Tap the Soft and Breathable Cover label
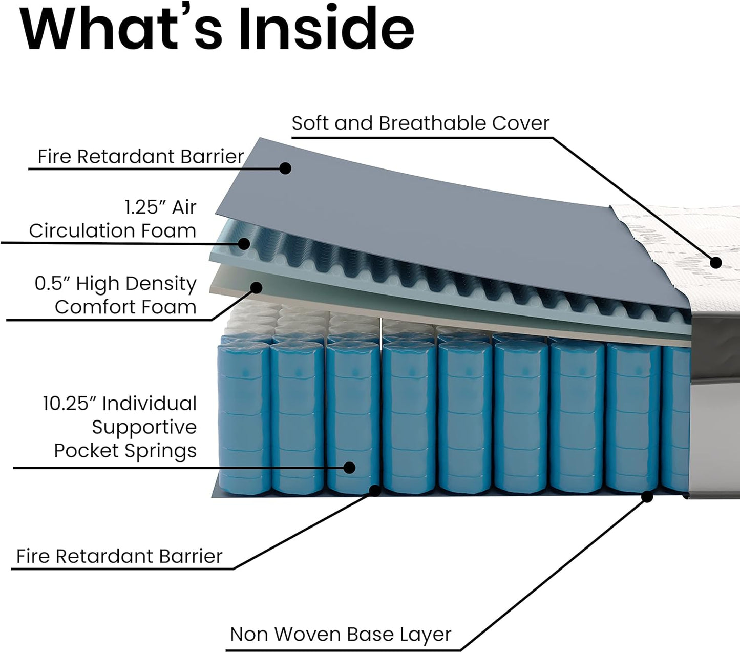420,123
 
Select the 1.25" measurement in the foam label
145,207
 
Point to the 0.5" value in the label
51,283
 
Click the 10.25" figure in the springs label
70,404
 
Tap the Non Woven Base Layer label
341,634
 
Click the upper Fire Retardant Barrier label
140,156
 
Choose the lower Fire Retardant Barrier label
119,556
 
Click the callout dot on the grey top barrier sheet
286,167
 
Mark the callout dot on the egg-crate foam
244,243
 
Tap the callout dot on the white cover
716,263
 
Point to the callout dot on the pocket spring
349,467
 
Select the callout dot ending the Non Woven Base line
647,496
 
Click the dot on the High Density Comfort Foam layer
255,287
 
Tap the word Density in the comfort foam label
161,283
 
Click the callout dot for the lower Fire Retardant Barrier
375,490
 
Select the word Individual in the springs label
150,404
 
